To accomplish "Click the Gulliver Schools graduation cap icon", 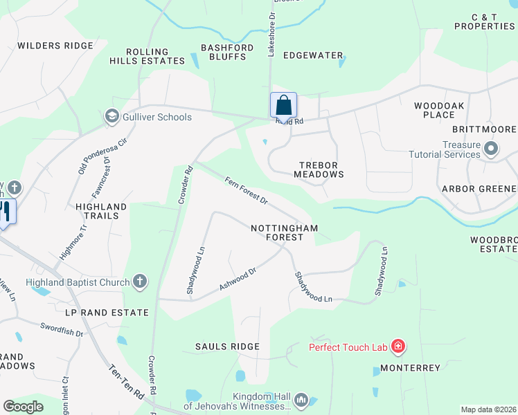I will pos(111,117).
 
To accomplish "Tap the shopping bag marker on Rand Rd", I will pos(283,107).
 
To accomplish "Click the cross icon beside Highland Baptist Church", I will pos(140,282).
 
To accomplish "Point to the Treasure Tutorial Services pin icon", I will pos(491,149).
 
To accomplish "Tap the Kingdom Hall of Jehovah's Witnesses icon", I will pos(301,400).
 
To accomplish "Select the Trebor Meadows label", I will pos(321,169).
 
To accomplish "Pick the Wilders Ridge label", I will pos(55,46).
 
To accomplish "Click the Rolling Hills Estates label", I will pos(148,56).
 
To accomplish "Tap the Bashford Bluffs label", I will pos(224,52).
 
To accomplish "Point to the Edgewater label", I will pos(313,55).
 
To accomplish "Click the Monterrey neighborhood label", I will pos(410,368).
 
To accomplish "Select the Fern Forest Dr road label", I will pos(246,191).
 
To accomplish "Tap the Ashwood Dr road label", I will pos(238,279).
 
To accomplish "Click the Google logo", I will pos(23,407).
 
